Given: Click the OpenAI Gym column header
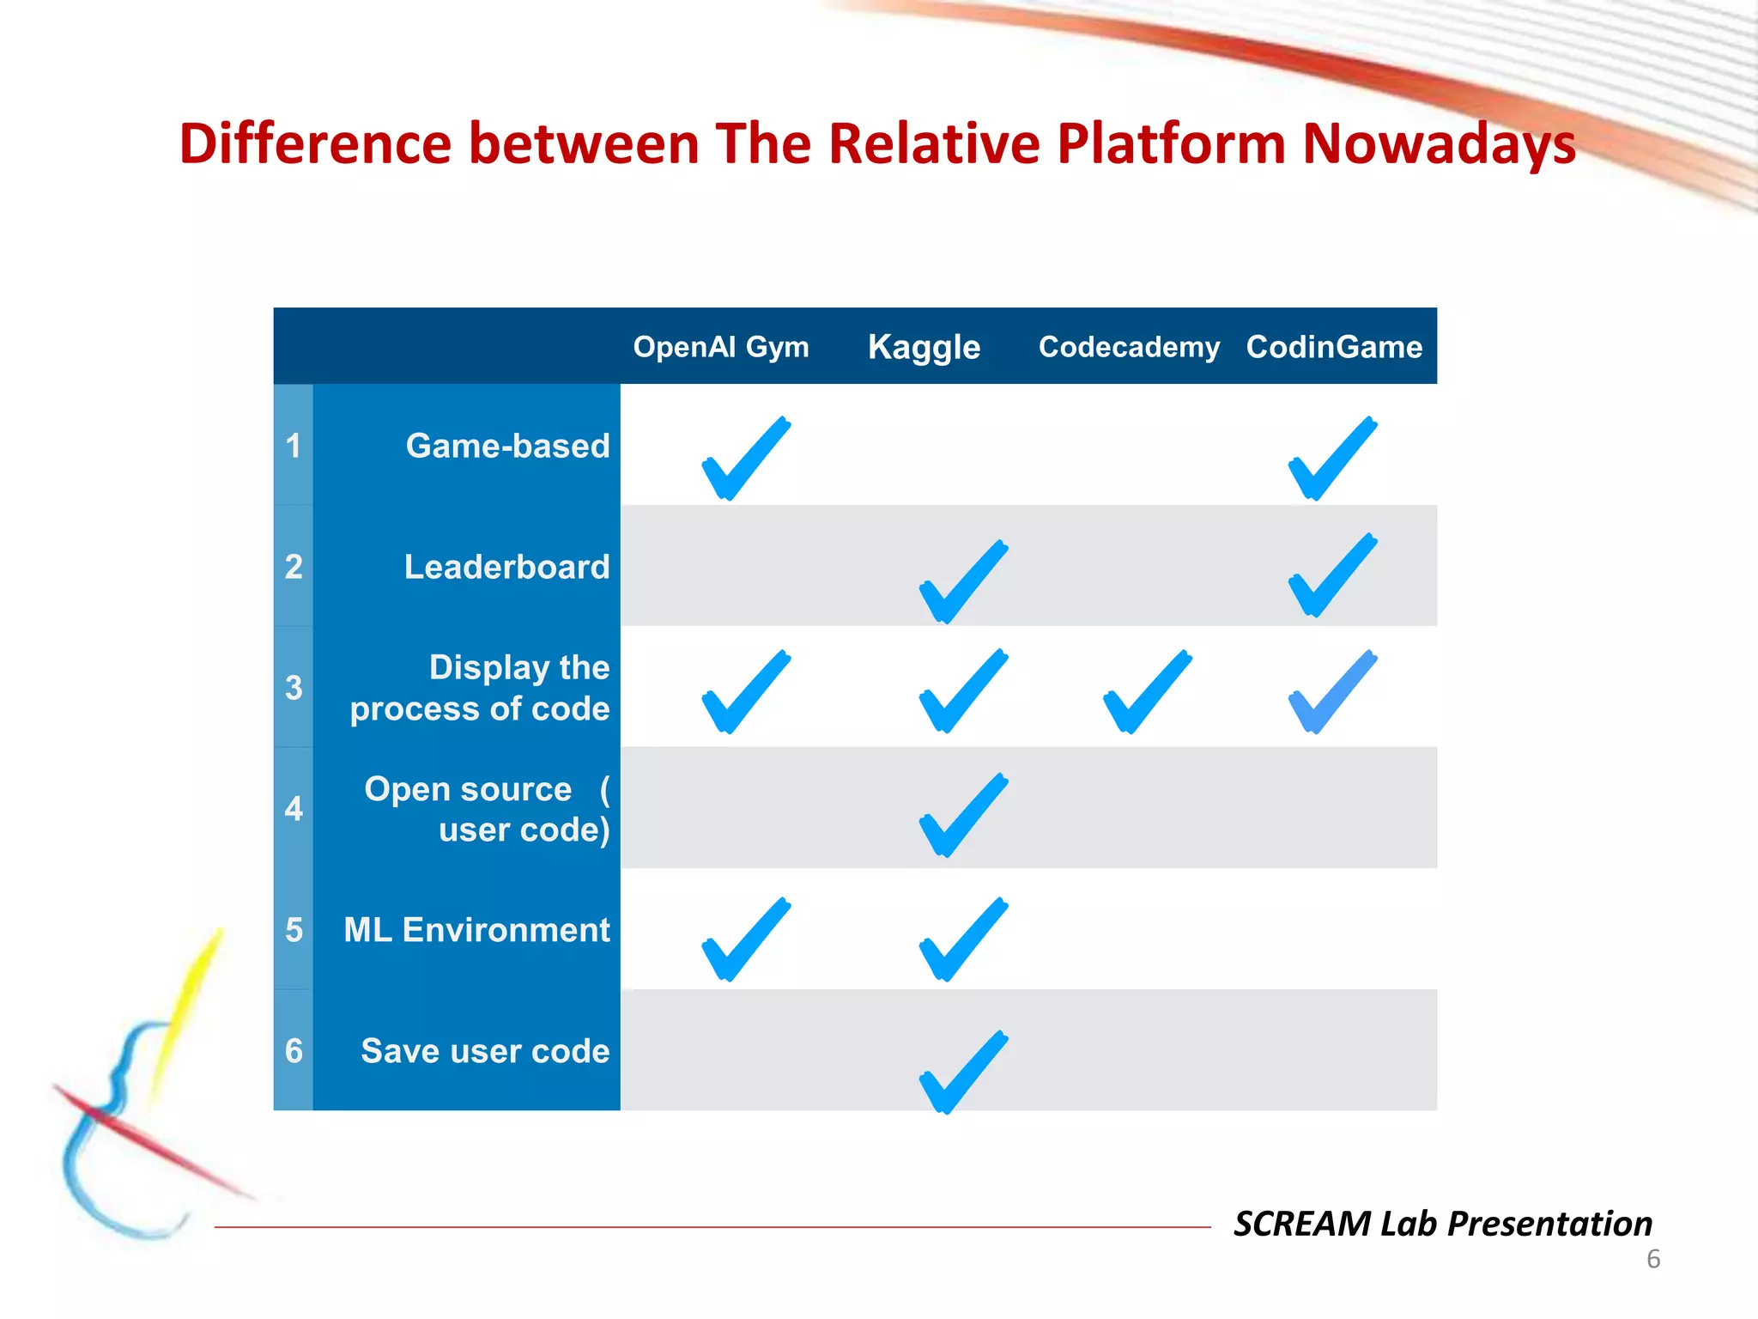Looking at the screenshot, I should click(721, 347).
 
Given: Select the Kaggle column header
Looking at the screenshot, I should click(924, 348).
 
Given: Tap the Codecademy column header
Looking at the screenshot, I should click(1129, 347).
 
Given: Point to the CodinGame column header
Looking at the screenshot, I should click(1334, 347).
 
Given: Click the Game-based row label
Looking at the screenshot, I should click(507, 446).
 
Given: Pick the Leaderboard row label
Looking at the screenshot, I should click(506, 567).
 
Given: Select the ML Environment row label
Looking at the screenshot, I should click(476, 930).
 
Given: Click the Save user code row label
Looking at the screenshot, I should click(485, 1051).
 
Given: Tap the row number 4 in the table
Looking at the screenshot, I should click(294, 809).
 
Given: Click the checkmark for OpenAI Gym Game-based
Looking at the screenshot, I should click(743, 459).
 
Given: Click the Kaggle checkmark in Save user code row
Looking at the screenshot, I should click(961, 1072).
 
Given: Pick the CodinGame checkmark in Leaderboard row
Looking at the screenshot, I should click(1331, 575).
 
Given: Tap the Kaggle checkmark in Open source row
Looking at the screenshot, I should click(961, 815).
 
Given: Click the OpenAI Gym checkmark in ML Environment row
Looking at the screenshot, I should click(743, 939).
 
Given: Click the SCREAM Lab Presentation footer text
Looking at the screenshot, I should click(1442, 1223).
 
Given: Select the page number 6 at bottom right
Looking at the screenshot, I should click(1653, 1259).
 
